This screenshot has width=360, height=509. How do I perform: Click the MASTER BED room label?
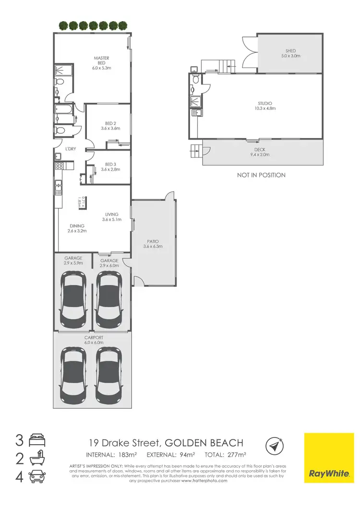point(101,60)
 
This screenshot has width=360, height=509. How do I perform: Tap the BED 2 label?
point(110,123)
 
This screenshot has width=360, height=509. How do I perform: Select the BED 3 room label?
point(110,164)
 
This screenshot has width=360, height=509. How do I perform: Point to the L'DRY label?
point(71,149)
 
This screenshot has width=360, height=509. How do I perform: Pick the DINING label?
point(77,226)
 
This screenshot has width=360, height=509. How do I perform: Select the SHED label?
point(290,50)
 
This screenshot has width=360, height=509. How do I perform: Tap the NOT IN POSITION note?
point(261,175)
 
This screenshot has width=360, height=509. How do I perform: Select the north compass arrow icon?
point(274,446)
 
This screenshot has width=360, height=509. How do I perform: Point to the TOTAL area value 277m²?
point(236,454)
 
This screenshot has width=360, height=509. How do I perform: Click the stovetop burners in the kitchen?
point(60,166)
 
